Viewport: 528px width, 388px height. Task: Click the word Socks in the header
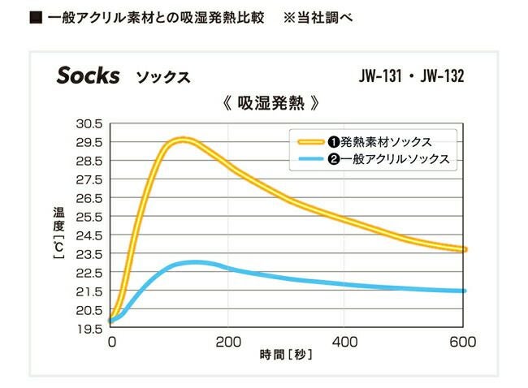pyautogui.click(x=88, y=75)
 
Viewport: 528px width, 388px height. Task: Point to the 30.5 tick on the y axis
pyautogui.click(x=89, y=123)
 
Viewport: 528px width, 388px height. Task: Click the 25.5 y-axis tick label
pyautogui.click(x=89, y=217)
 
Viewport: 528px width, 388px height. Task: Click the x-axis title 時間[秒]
pyautogui.click(x=285, y=355)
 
